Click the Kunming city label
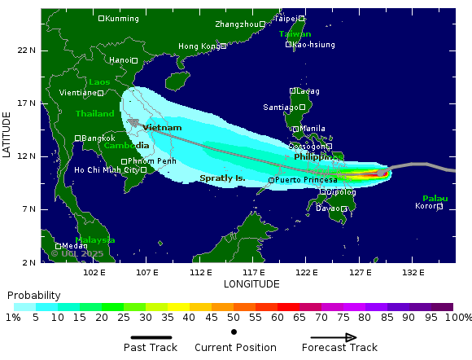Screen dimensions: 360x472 (121, 18)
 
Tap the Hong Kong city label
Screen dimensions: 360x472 (199, 46)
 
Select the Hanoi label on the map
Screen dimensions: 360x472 (120, 60)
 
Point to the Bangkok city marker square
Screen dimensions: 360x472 (77, 138)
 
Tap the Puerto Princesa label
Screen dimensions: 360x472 (306, 180)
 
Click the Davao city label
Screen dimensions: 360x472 (326, 209)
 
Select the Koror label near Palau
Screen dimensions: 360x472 (426, 206)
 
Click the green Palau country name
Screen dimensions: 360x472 (435, 199)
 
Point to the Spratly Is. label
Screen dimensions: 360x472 (222, 178)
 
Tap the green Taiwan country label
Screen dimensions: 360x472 (295, 34)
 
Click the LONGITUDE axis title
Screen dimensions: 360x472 (251, 283)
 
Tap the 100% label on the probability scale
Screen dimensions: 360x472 (461, 317)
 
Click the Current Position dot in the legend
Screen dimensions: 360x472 (234, 331)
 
